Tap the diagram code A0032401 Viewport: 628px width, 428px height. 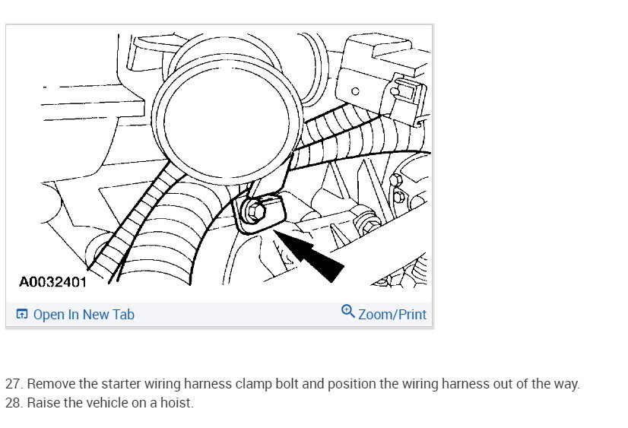point(53,282)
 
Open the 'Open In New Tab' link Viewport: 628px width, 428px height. point(84,314)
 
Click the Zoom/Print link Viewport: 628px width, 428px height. point(392,314)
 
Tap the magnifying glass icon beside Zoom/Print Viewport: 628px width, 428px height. point(347,311)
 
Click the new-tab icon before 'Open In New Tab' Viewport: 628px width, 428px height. point(21,314)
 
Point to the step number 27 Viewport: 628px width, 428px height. point(14,384)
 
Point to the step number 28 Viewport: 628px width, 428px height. point(14,402)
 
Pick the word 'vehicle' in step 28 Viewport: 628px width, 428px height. point(106,402)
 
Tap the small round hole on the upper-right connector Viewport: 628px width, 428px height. point(355,91)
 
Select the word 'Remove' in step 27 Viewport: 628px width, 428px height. point(51,384)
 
